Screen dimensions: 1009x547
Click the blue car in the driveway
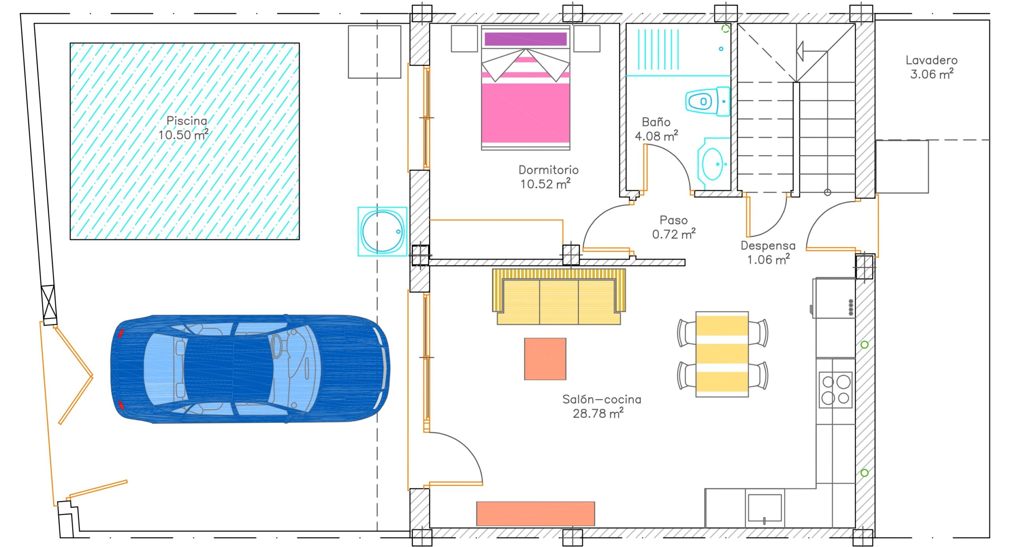point(250,369)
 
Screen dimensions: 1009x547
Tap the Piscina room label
point(186,120)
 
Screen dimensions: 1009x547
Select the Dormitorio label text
point(548,170)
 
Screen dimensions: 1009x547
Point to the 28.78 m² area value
point(598,413)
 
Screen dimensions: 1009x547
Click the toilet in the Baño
point(707,101)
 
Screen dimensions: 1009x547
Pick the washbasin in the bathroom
point(713,163)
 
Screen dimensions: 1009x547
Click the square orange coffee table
point(545,359)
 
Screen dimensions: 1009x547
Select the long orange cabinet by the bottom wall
point(536,514)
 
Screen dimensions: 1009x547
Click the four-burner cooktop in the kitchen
point(836,390)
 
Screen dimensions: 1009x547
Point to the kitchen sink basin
point(765,508)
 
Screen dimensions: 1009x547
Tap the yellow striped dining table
point(722,354)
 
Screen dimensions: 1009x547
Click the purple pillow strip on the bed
point(526,39)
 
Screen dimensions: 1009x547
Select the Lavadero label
point(931,60)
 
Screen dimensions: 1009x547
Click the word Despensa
point(768,245)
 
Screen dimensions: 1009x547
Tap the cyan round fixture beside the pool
point(382,231)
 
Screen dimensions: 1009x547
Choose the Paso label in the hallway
point(674,220)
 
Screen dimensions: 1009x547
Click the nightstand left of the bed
point(464,39)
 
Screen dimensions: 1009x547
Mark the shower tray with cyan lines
point(678,50)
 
